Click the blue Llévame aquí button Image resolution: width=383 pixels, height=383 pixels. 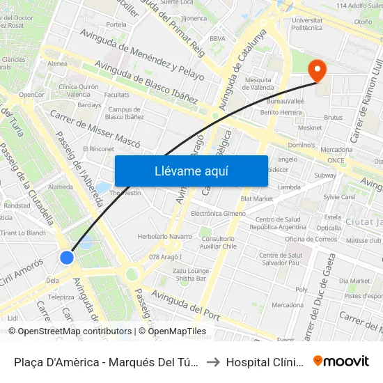(191, 171)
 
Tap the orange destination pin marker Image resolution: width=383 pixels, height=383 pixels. (318, 70)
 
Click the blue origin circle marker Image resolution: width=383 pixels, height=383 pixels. (67, 258)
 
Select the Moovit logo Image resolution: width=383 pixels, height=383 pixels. (341, 361)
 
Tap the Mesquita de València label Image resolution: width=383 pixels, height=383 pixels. (258, 84)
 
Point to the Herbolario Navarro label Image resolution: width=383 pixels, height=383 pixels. (164, 237)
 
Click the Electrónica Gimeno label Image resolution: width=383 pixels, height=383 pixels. (218, 213)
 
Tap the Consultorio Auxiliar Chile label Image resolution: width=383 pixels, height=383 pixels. (219, 242)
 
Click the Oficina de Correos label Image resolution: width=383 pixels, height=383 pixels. (310, 240)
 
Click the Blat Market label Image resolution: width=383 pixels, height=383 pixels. (257, 198)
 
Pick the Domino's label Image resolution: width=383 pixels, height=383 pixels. (302, 146)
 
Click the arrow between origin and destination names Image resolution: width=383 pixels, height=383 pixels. (212, 361)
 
